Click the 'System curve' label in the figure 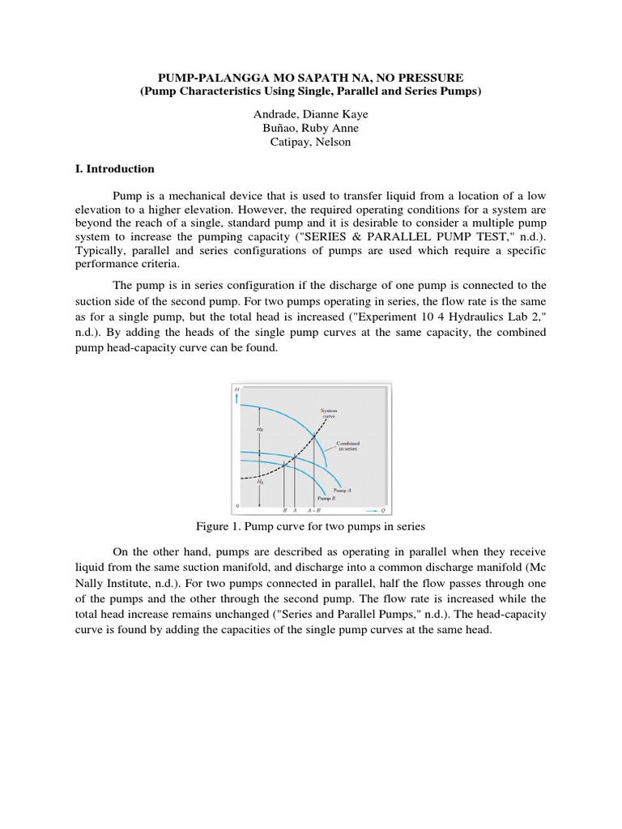click(328, 414)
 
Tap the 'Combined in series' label click(348, 446)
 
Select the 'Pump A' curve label click(342, 491)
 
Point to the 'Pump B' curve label click(326, 499)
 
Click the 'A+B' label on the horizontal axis click(313, 512)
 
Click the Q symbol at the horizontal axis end click(383, 511)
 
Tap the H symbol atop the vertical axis click(237, 390)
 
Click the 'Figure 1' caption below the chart click(311, 526)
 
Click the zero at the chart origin click(237, 506)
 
